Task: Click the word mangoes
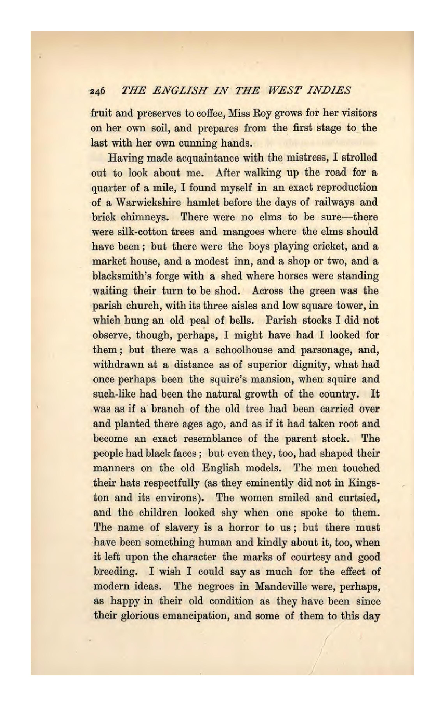240,232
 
